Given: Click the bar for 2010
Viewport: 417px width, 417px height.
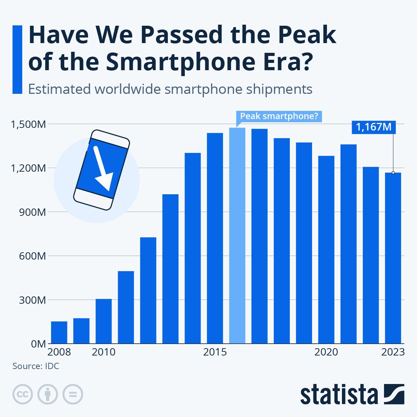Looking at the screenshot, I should click(104, 321).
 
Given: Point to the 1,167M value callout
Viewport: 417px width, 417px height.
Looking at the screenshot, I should click(374, 127).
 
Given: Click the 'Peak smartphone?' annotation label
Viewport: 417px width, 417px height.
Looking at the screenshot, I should click(279, 116).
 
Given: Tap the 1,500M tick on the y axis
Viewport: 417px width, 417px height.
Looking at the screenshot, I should click(28, 124).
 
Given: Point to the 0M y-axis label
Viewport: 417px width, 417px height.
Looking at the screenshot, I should click(38, 344).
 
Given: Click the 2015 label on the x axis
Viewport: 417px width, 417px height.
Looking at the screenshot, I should click(215, 352).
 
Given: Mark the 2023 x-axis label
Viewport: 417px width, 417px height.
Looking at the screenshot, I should click(393, 352).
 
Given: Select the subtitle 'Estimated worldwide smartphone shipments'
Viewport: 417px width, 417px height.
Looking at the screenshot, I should click(170, 89).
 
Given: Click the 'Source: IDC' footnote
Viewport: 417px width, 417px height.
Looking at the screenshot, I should click(36, 366).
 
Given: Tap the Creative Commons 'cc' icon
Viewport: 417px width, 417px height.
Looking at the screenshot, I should click(23, 394).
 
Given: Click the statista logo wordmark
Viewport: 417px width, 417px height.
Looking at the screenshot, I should click(339, 394).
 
